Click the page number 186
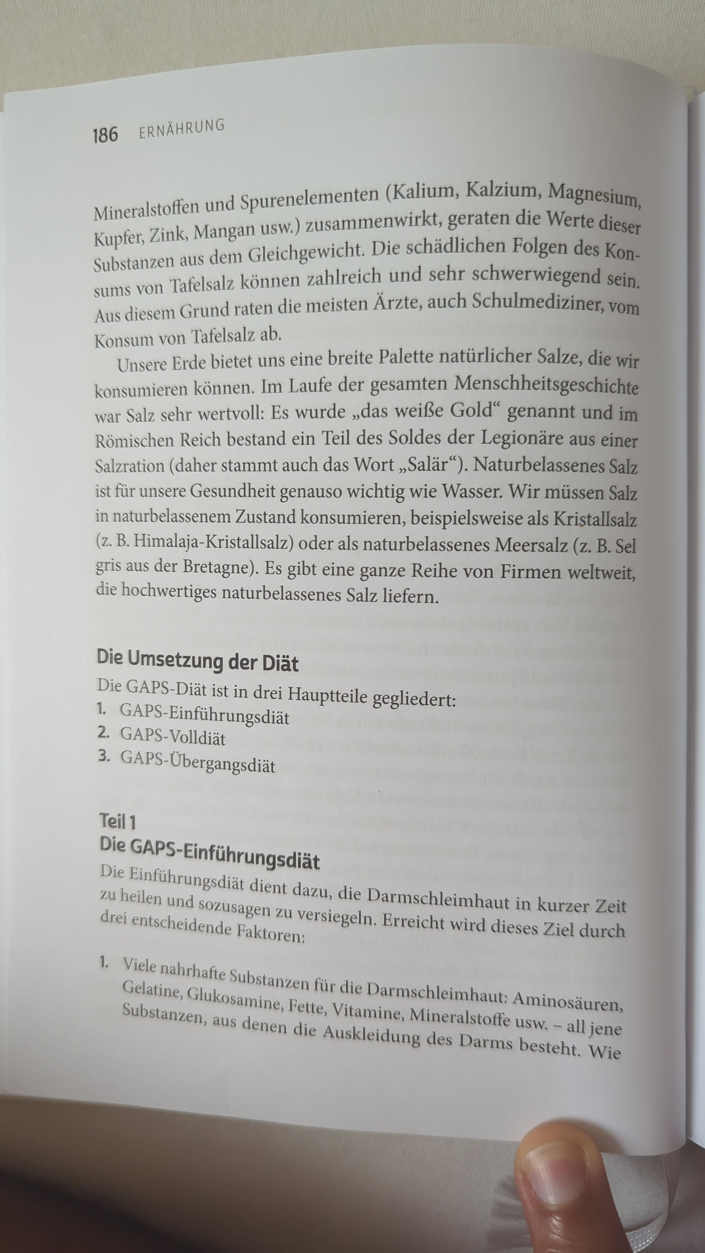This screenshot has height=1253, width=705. [x=105, y=134]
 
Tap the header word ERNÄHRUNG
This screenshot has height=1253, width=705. [x=182, y=129]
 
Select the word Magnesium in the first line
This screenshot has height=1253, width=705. [x=593, y=194]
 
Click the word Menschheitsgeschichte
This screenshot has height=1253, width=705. [x=546, y=386]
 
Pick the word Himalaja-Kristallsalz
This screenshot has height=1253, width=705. [x=213, y=542]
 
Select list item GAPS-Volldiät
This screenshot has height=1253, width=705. [x=173, y=738]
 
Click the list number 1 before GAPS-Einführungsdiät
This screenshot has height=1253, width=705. [x=101, y=709]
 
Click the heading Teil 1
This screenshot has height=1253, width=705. [x=117, y=822]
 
